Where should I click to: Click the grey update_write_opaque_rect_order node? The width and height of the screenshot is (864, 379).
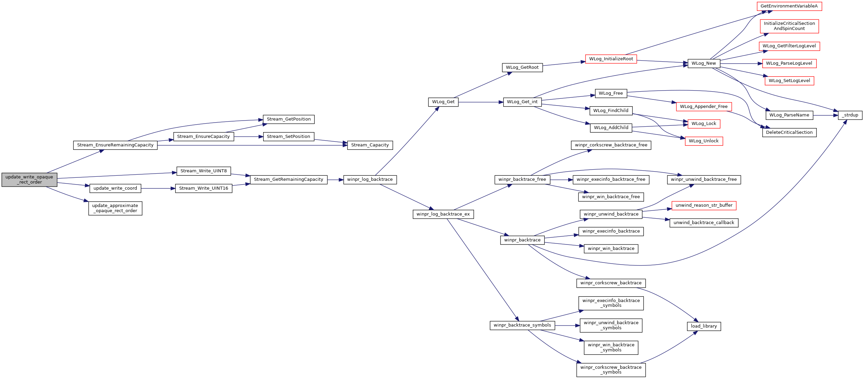pyautogui.click(x=29, y=180)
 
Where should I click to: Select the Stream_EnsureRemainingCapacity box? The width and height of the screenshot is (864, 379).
pyautogui.click(x=115, y=145)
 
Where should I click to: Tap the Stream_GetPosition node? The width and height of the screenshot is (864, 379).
pyautogui.click(x=289, y=119)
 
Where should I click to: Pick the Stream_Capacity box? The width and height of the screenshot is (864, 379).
pyautogui.click(x=370, y=145)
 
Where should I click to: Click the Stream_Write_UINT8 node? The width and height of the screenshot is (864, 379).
pyautogui.click(x=204, y=171)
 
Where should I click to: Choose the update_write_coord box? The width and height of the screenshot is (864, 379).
pyautogui.click(x=115, y=188)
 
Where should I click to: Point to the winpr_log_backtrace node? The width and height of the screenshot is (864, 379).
pyautogui.click(x=370, y=179)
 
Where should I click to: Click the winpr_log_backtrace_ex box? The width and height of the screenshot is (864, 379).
pyautogui.click(x=443, y=214)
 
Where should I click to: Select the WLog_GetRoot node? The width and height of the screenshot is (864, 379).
pyautogui.click(x=522, y=67)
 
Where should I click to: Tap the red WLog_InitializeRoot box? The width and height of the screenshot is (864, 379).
pyautogui.click(x=611, y=59)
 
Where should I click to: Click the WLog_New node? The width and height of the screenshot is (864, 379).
pyautogui.click(x=704, y=63)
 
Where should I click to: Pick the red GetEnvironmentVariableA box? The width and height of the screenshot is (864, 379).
pyautogui.click(x=789, y=6)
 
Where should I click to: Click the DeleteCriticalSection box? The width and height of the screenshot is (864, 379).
pyautogui.click(x=789, y=132)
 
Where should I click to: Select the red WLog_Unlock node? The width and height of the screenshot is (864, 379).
pyautogui.click(x=704, y=141)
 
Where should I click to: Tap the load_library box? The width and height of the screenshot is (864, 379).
pyautogui.click(x=704, y=326)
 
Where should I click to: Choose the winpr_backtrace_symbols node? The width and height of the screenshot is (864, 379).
pyautogui.click(x=522, y=325)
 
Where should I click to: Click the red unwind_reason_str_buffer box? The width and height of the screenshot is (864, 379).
pyautogui.click(x=704, y=205)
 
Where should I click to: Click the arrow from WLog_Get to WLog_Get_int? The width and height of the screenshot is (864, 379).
pyautogui.click(x=481, y=102)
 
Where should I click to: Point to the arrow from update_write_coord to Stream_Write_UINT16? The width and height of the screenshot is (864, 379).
pyautogui.click(x=158, y=188)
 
